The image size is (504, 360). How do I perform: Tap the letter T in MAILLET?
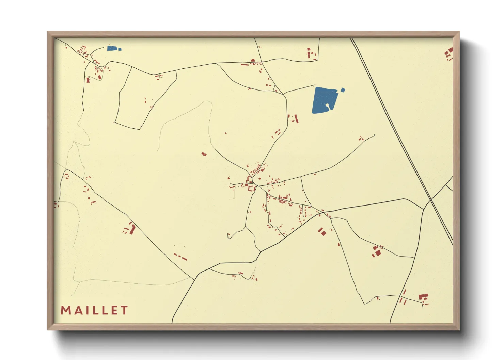124,310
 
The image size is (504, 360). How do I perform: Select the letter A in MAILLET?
77,310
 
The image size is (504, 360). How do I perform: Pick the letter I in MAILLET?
86,310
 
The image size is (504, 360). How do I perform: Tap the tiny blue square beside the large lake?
343,90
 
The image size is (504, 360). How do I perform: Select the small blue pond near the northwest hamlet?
112,48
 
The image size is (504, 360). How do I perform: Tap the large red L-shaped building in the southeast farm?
423,297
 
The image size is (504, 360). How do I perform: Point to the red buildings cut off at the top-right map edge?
450,53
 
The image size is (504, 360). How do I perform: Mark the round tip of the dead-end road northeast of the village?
374,135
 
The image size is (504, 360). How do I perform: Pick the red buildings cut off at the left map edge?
56,205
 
